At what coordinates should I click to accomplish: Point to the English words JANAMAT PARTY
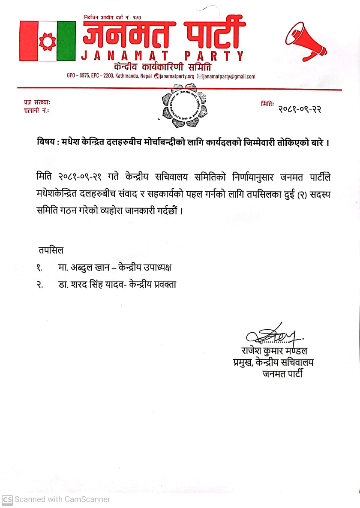click(x=163, y=56)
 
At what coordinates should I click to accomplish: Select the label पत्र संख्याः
click(x=37, y=102)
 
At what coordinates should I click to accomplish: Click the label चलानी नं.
click(x=36, y=111)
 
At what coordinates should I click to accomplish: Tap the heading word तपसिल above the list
click(x=50, y=250)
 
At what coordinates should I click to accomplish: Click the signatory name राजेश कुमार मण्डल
click(x=274, y=352)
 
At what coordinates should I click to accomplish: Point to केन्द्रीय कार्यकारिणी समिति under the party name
click(x=163, y=67)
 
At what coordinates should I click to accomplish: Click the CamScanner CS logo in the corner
click(x=7, y=499)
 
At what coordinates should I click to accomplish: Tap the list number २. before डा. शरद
click(x=39, y=286)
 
